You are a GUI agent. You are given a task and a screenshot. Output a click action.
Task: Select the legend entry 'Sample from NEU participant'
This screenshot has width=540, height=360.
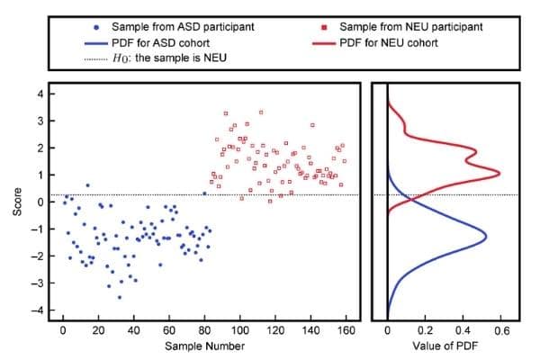pyautogui.click(x=403, y=27)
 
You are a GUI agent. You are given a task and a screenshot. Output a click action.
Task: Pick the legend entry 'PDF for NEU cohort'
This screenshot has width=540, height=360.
pyautogui.click(x=391, y=41)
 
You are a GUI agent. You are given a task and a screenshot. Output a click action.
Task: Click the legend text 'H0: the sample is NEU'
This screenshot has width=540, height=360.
pyautogui.click(x=167, y=57)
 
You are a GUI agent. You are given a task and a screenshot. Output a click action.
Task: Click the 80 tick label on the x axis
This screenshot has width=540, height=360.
pyautogui.click(x=204, y=330)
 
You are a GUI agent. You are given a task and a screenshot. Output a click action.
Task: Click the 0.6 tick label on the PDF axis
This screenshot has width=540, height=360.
pyautogui.click(x=501, y=330)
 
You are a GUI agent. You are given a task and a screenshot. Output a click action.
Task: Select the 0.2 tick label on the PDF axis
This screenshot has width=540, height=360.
pyautogui.click(x=425, y=330)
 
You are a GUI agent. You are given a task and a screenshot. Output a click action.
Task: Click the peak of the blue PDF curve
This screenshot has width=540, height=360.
pyautogui.click(x=487, y=237)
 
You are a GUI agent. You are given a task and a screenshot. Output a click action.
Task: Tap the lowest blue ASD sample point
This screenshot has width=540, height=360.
pyautogui.click(x=119, y=297)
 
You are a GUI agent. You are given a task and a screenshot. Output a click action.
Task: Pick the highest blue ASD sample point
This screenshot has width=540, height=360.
pyautogui.click(x=87, y=185)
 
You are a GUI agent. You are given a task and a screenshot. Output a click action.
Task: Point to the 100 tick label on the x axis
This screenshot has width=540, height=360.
pyautogui.click(x=239, y=330)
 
